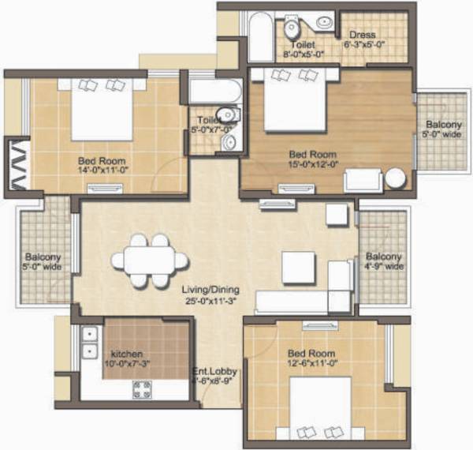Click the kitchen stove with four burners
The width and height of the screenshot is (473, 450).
click(143, 388)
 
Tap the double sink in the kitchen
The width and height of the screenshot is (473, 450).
click(88, 343)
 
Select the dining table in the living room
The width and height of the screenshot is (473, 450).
click(149, 260)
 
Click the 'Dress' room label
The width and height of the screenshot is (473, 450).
click(365, 35)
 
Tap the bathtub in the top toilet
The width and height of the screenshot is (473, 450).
click(260, 37)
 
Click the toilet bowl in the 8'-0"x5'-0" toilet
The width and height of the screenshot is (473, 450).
click(292, 29)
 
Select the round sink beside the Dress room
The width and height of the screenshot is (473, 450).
click(324, 22)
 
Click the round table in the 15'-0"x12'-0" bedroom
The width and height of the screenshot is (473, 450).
click(395, 178)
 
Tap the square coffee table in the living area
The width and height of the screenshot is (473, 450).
click(299, 268)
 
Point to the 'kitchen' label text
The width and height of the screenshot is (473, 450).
click(127, 354)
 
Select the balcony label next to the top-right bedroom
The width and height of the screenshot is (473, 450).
click(444, 129)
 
